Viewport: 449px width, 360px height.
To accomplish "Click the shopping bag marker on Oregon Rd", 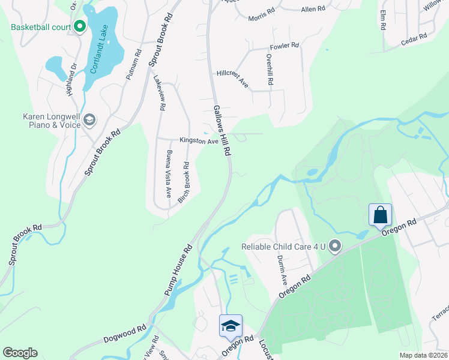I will click(x=381, y=214).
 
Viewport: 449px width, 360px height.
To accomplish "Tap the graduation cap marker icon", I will click(x=231, y=325).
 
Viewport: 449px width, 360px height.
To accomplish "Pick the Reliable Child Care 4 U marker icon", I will click(x=335, y=246).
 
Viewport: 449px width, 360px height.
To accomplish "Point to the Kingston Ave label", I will click(x=198, y=141).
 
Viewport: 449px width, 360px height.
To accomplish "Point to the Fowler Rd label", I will click(x=285, y=46).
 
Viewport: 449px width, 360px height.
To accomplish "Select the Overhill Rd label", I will click(x=270, y=70).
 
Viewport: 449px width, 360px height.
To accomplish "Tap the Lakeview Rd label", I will click(x=159, y=93).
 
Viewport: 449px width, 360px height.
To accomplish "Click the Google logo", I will click(x=20, y=353).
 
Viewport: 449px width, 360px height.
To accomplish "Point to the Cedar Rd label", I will click(x=414, y=38).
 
